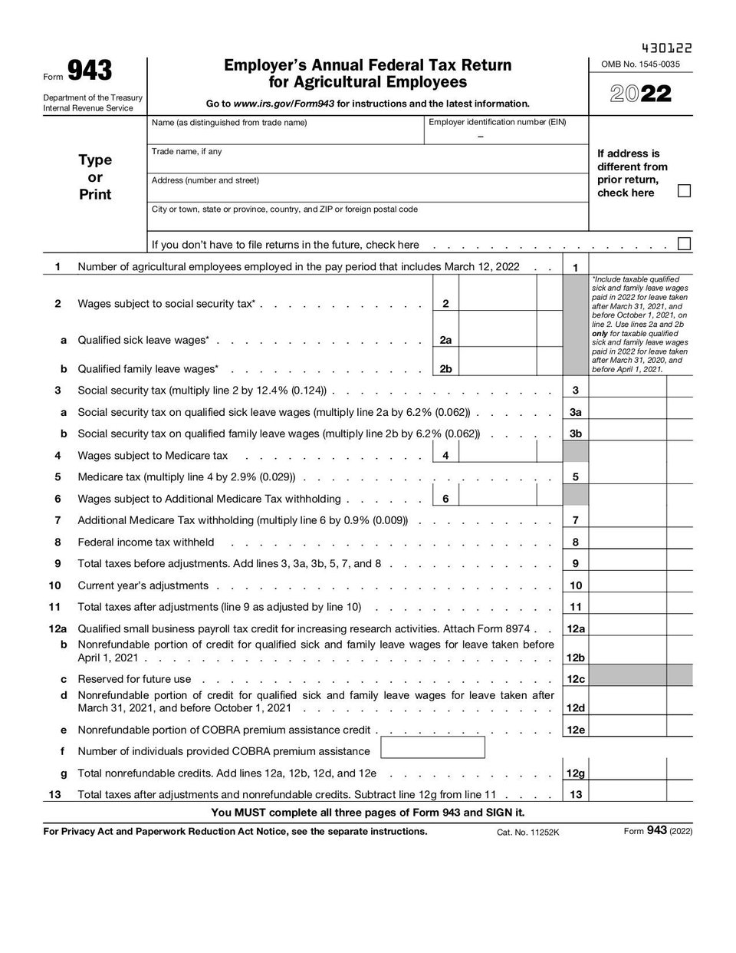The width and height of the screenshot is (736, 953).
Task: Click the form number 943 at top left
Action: pos(90,71)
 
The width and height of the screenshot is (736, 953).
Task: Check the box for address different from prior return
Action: pos(684,191)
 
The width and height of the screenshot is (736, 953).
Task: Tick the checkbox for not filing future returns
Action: pos(684,244)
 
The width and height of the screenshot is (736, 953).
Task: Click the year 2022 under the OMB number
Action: pos(641,94)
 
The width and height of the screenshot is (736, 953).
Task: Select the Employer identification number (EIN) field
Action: pos(506,131)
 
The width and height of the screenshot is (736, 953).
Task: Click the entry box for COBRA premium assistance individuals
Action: pos(432,748)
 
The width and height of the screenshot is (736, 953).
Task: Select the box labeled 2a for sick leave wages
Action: pos(445,340)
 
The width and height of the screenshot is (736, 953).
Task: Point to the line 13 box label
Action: pos(576,795)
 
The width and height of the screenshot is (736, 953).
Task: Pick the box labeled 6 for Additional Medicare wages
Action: pos(445,499)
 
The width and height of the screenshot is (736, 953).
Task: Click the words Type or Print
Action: pos(95,177)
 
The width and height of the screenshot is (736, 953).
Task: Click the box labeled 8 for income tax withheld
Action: pos(576,542)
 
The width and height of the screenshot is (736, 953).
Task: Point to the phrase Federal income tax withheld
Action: pos(146,542)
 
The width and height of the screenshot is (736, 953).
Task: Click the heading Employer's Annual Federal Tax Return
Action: pos(367,66)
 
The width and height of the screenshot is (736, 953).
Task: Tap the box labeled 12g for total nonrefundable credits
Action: pos(576,773)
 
